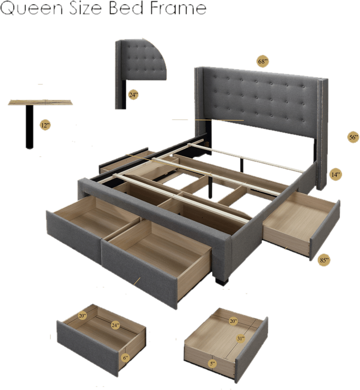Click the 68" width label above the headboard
(263, 62)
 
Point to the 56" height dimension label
(353, 137)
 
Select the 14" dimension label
(335, 174)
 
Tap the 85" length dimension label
(324, 260)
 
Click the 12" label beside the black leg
(45, 125)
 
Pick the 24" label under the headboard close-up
(134, 95)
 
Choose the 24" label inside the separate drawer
(115, 326)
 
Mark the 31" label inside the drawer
(241, 338)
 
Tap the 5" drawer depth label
(212, 364)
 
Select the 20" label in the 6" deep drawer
(82, 316)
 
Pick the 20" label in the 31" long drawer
(233, 321)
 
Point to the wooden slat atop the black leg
(40, 101)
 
